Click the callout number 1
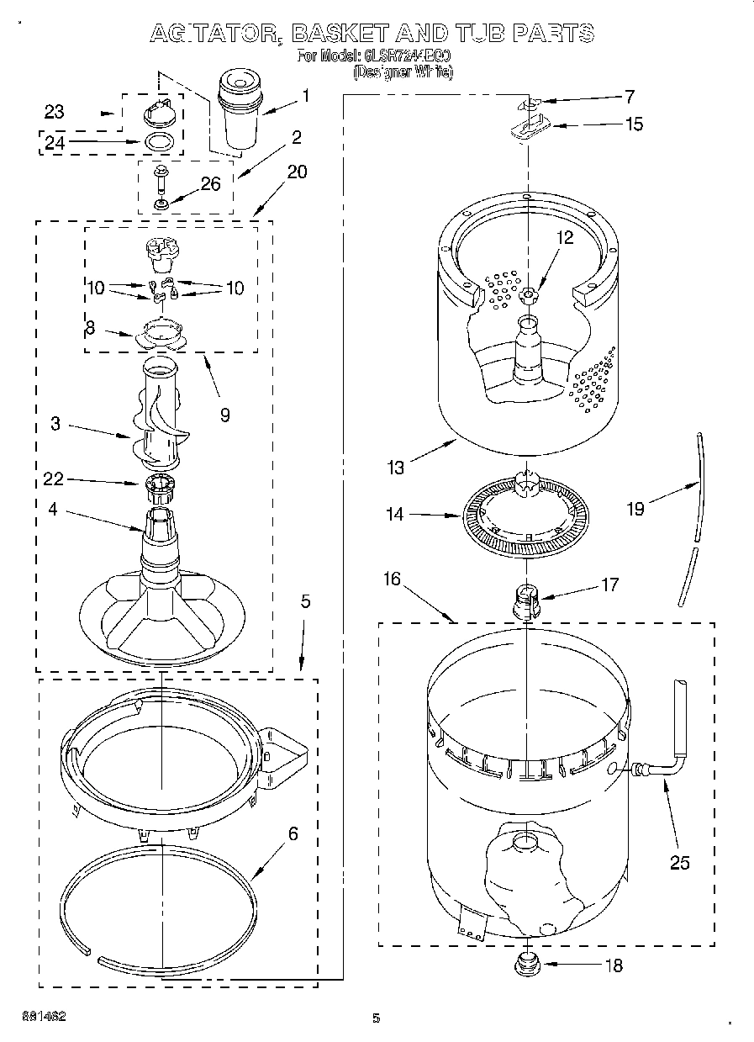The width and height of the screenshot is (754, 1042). [x=305, y=96]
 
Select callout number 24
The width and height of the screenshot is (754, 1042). [x=54, y=143]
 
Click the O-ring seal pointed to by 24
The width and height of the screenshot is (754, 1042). [x=161, y=142]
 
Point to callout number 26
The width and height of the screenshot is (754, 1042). [x=210, y=183]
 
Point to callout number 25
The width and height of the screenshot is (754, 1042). [x=679, y=862]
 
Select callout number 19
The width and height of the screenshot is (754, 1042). [x=636, y=509]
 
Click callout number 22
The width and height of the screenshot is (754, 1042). [x=54, y=479]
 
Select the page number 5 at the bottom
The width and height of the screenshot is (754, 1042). [x=377, y=1018]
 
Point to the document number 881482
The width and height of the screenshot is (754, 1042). [x=45, y=1016]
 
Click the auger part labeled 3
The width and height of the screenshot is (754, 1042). [x=160, y=421]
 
